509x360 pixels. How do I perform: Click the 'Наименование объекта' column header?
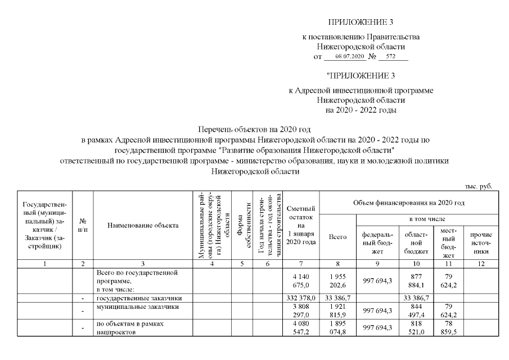143,226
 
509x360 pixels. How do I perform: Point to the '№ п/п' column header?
83,226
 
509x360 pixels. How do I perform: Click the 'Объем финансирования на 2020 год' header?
409,202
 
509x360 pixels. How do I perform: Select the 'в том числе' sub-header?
430,218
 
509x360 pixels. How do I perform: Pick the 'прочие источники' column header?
481,238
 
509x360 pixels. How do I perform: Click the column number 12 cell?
481,264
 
